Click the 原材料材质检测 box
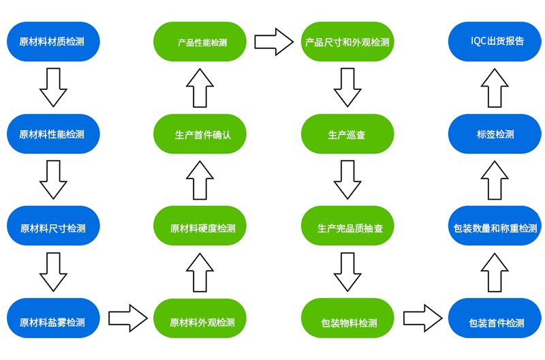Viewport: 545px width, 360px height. click(53, 42)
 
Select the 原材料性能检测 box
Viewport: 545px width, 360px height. click(53, 134)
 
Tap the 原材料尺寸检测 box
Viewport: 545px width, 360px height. click(53, 226)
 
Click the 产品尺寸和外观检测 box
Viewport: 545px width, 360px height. click(347, 42)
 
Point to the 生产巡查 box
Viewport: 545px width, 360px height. click(347, 134)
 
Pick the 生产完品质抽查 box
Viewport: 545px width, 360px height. click(347, 226)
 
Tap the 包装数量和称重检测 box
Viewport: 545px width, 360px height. click(495, 226)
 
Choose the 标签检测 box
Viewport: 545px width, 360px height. click(495, 134)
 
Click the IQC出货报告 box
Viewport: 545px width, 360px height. click(495, 42)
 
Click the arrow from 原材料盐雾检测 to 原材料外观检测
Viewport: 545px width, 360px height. click(128, 318)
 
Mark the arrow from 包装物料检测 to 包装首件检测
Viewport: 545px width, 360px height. click(422, 318)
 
